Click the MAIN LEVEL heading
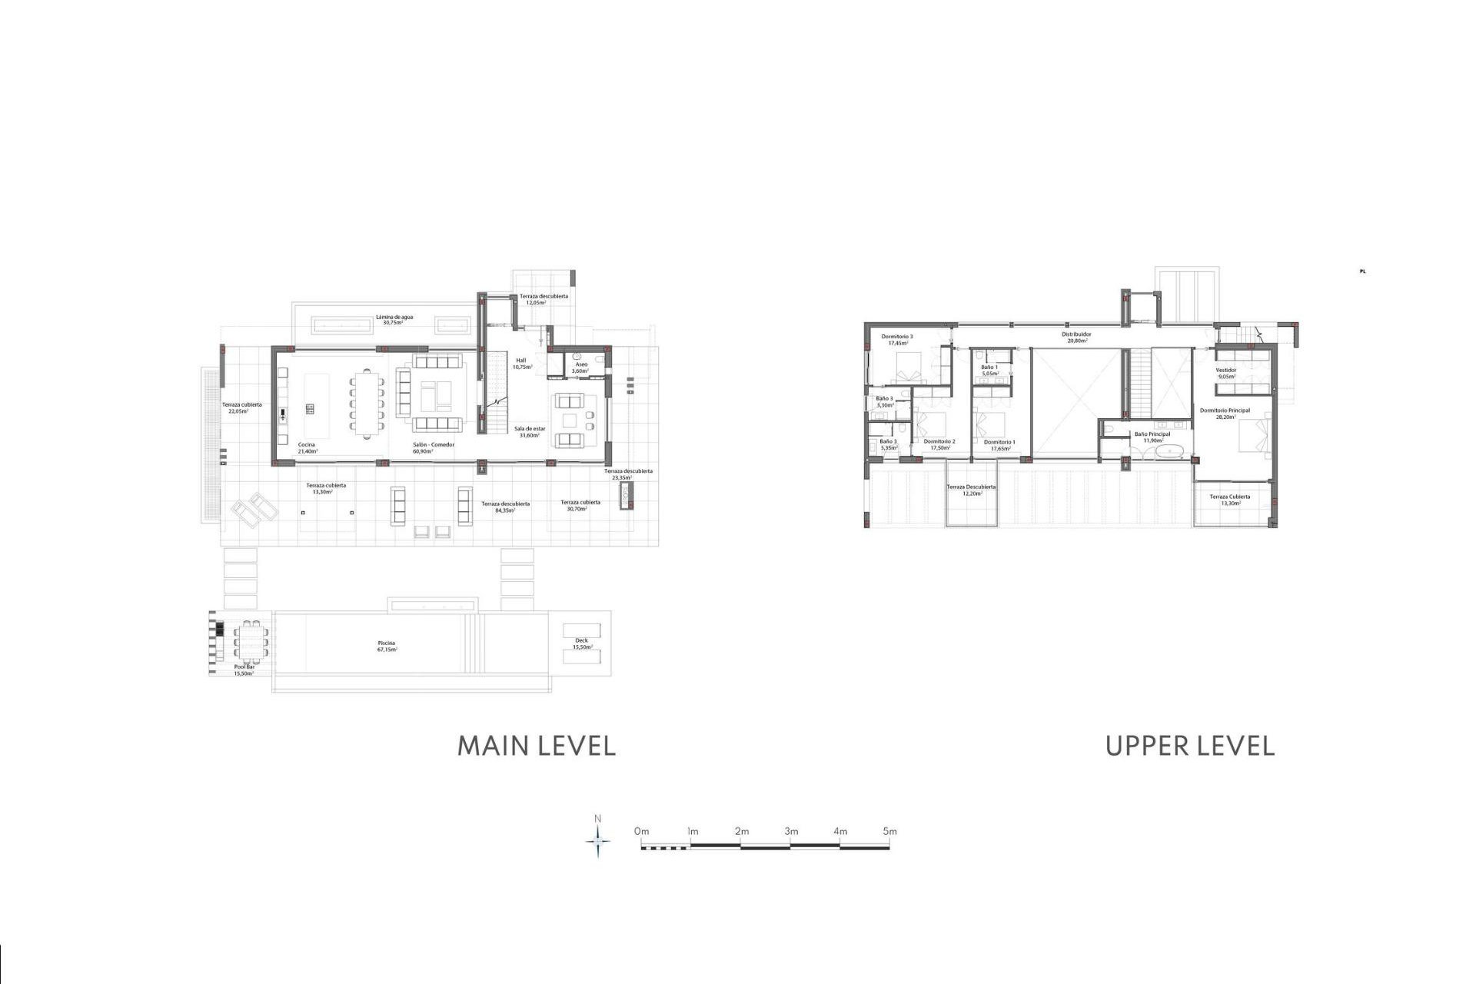click(x=537, y=746)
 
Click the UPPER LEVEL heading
click(x=1189, y=746)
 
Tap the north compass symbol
click(x=598, y=841)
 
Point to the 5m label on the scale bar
click(x=889, y=831)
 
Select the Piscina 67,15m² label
click(x=387, y=647)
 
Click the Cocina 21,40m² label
click(x=307, y=448)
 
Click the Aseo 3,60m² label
click(x=581, y=367)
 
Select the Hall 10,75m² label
click(x=521, y=364)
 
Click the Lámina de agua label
click(x=394, y=320)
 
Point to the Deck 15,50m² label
click(x=582, y=643)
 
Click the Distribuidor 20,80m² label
click(x=1076, y=337)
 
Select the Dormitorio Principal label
click(x=1225, y=414)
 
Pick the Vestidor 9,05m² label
click(x=1225, y=374)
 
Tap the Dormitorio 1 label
click(x=999, y=445)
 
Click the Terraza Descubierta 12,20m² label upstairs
click(x=971, y=490)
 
